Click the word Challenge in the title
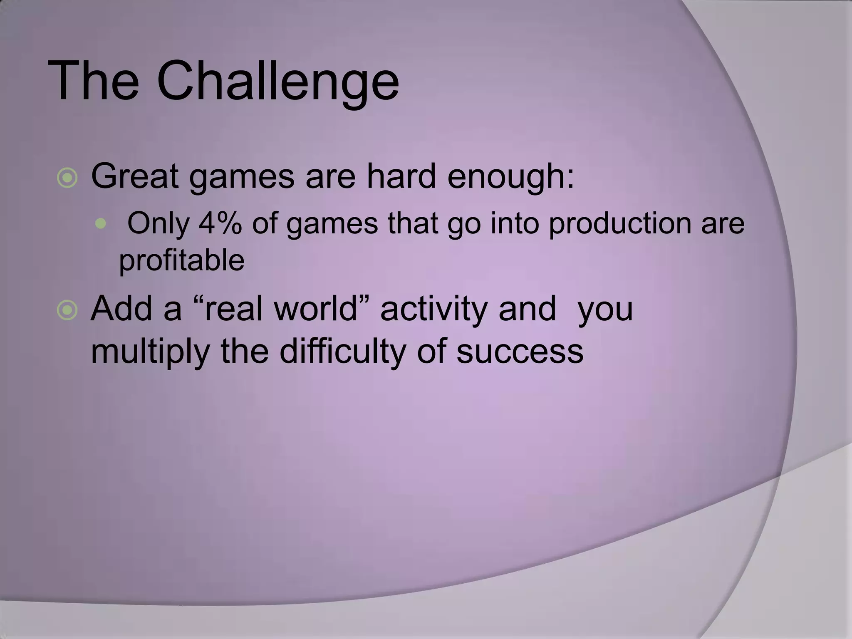[x=277, y=80]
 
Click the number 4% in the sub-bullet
[x=220, y=223]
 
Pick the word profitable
[x=181, y=261]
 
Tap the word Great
[x=135, y=176]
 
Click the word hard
[x=401, y=176]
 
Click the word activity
[x=434, y=310]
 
